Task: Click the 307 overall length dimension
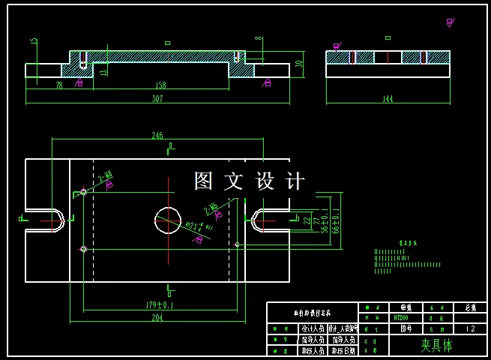point(157,99)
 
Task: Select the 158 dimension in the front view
point(160,85)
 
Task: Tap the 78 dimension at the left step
point(59,85)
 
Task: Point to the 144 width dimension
point(388,99)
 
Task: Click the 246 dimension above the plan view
point(157,136)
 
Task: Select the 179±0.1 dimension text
point(159,305)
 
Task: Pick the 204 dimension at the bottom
point(157,318)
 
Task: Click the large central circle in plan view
point(168,220)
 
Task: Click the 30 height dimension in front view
point(300,64)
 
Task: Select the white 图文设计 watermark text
point(250,181)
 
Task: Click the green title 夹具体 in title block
point(436,345)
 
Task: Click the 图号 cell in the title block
point(406,328)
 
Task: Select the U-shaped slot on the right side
point(266,220)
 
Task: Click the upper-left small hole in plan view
point(83,192)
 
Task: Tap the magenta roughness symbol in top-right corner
point(450,22)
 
